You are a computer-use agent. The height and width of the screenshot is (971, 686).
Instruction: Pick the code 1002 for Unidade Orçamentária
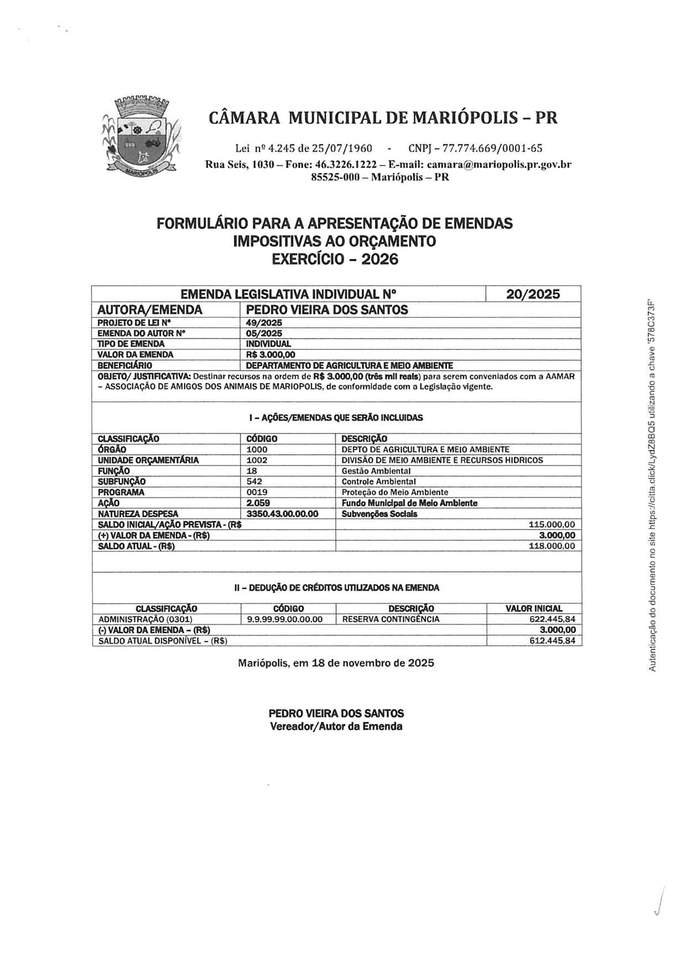(257, 460)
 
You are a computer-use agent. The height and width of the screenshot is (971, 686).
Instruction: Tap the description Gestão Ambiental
(376, 471)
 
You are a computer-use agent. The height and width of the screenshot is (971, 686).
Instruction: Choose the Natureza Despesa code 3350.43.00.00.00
(282, 514)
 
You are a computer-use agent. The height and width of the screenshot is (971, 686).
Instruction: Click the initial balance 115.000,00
(552, 525)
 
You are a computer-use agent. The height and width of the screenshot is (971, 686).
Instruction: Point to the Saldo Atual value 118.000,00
(552, 546)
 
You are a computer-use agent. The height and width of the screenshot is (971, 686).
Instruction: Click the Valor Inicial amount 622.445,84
(552, 619)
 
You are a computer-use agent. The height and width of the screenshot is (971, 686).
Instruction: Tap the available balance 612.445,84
(552, 641)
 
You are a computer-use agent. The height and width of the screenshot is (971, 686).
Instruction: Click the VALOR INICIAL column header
(534, 609)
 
